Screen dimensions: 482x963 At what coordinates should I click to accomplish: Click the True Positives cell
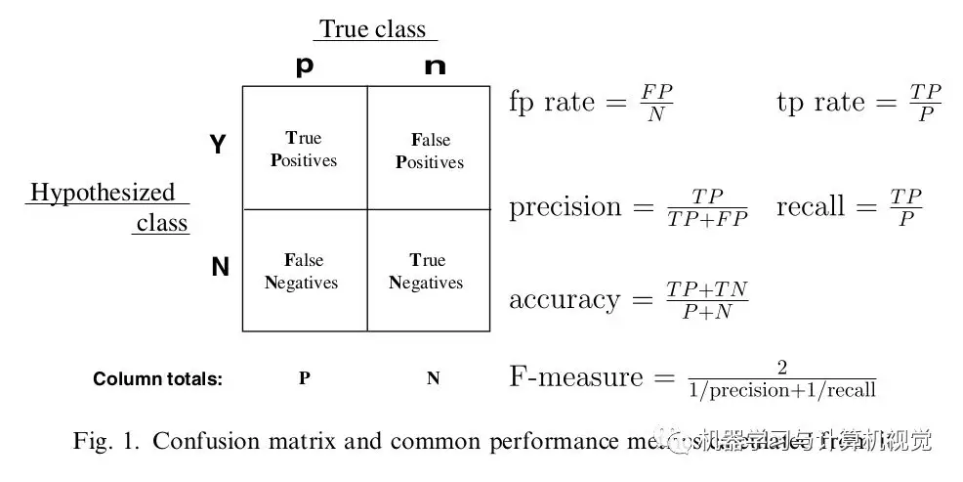click(304, 149)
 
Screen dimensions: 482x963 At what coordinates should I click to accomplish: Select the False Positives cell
click(429, 151)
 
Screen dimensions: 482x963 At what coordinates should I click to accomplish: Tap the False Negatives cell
click(304, 271)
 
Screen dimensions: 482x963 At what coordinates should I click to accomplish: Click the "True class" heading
click(373, 29)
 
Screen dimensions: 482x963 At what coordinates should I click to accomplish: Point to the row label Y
click(218, 146)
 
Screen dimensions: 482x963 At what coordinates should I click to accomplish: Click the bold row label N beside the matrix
click(220, 266)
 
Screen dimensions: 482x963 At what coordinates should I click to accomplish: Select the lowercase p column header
click(305, 66)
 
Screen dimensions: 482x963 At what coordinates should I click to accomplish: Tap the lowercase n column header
click(435, 66)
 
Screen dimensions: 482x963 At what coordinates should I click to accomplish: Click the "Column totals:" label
click(158, 379)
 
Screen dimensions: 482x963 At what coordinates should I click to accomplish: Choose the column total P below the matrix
click(304, 378)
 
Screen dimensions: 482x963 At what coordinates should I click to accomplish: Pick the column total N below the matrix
click(433, 378)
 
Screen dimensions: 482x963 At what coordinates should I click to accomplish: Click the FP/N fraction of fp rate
click(655, 103)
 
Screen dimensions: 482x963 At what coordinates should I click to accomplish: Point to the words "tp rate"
click(821, 102)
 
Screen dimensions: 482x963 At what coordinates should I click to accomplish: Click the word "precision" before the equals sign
click(565, 207)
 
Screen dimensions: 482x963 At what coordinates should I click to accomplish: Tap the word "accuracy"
click(565, 299)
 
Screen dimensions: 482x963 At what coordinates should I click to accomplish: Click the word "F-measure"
click(576, 376)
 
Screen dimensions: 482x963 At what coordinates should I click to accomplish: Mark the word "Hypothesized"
click(103, 193)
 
